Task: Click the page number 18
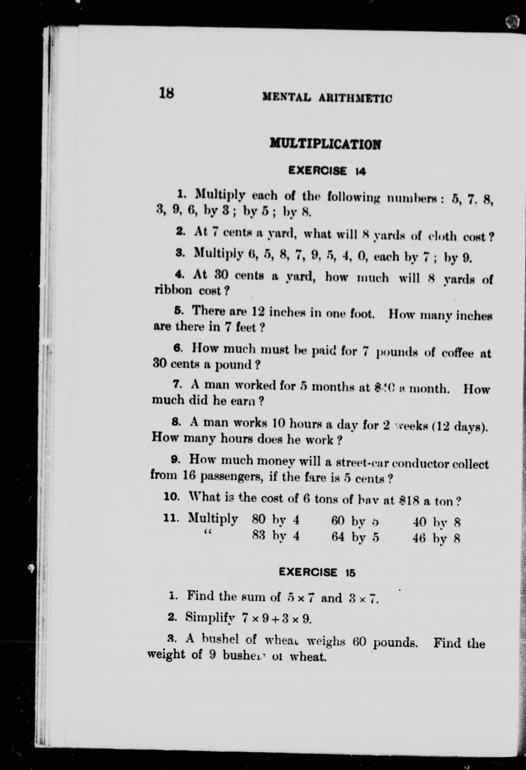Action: coord(166,92)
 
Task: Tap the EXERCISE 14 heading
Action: coord(327,171)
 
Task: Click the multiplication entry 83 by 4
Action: coord(276,535)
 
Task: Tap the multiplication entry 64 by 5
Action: coord(355,537)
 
